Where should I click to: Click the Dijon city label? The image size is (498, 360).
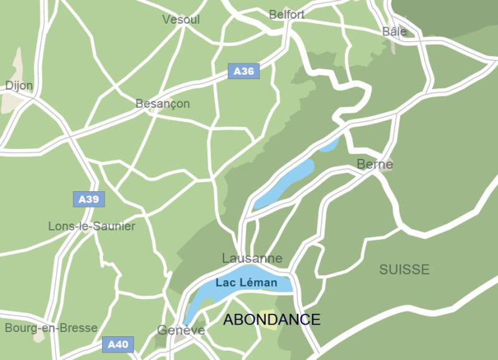19,85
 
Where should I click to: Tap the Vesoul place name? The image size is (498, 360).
181,20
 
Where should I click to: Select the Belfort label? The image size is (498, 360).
287,14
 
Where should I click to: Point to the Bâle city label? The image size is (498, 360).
394,31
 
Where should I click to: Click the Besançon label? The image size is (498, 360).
162,103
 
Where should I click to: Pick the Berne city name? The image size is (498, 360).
375,164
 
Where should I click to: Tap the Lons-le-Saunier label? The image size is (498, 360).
92,226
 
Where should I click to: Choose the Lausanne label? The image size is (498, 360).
252,258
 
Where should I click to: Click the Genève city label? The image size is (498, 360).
181,330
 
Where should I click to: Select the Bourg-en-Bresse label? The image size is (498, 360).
51,328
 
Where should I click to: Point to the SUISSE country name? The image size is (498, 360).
405,269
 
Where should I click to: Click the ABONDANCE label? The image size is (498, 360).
272,320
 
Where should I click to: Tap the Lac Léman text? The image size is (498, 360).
246,283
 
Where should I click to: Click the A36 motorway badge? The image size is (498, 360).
243,71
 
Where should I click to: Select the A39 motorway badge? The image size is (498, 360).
88,199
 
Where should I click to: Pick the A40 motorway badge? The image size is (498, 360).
118,344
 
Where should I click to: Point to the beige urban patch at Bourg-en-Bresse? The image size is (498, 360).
39,337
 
